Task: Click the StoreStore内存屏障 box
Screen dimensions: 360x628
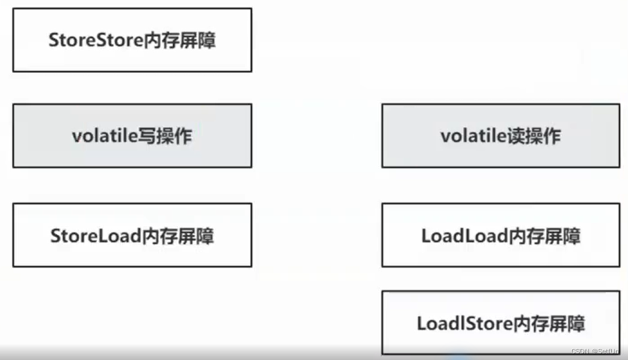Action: (x=132, y=40)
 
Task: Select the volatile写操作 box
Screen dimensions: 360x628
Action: (x=132, y=135)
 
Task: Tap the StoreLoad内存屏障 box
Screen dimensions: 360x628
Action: (x=132, y=235)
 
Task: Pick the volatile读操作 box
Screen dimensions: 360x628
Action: (x=500, y=135)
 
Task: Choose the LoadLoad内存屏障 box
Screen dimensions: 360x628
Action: (x=500, y=235)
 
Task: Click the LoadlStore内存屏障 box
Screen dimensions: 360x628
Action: (x=500, y=323)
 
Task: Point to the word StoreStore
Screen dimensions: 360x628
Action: (x=95, y=40)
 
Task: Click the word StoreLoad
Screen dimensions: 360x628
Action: (x=95, y=235)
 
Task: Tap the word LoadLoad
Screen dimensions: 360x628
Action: (x=464, y=235)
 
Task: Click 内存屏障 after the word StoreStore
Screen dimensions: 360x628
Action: (x=179, y=40)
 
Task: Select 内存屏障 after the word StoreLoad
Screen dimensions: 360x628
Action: (x=177, y=235)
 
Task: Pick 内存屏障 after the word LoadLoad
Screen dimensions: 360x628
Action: (x=545, y=235)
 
